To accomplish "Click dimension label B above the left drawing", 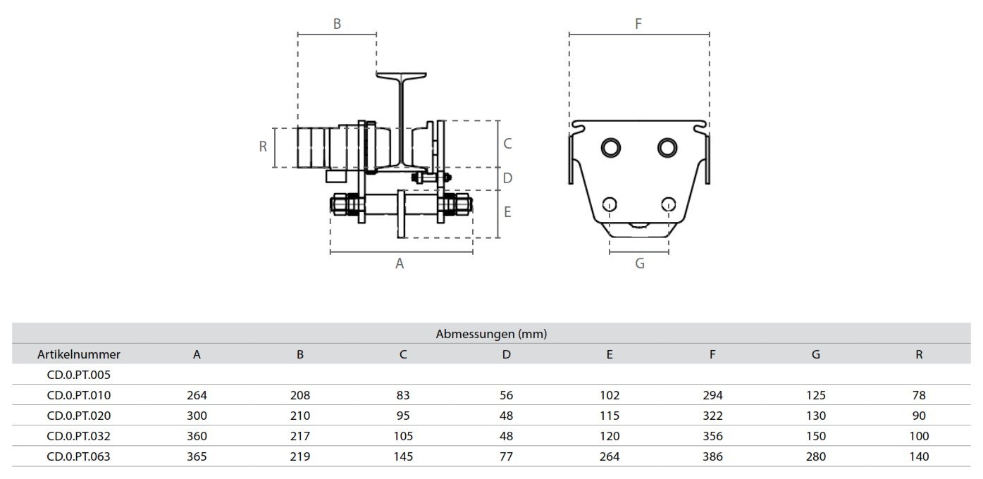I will (x=337, y=24).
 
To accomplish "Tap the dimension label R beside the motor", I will (x=263, y=147).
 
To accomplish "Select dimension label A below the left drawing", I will (x=400, y=264).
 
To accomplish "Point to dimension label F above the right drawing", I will (x=638, y=24).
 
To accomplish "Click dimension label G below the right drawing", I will (x=640, y=264).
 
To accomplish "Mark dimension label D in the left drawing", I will (x=507, y=179).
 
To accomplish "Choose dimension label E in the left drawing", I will (x=507, y=212).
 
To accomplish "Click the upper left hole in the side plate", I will (x=611, y=147).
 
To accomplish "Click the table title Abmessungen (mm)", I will (x=491, y=334).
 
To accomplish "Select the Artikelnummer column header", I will (x=79, y=354).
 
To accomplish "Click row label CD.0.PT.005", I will (x=79, y=375).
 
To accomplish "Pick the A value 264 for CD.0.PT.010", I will (x=197, y=395).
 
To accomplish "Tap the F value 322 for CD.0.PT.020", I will (x=712, y=416).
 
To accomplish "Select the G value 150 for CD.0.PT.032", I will (x=815, y=436).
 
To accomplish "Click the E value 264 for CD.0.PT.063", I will (x=610, y=456).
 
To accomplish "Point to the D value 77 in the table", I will (x=506, y=456).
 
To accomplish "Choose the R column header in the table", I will (x=919, y=354).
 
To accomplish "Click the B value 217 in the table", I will (x=300, y=436).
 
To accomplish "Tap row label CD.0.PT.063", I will (x=79, y=456).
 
